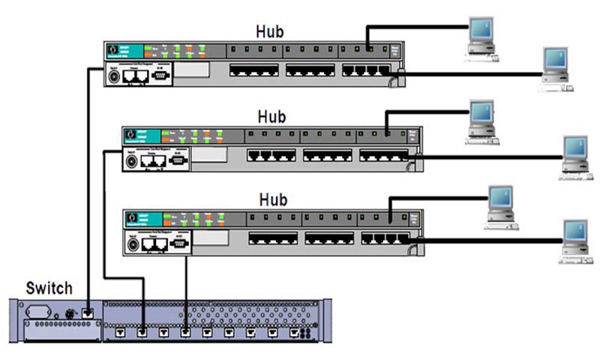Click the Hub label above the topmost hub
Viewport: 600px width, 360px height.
(269, 32)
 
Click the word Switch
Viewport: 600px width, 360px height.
(49, 288)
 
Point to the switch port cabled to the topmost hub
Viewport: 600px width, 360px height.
(88, 311)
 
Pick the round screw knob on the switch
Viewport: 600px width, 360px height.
(70, 311)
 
